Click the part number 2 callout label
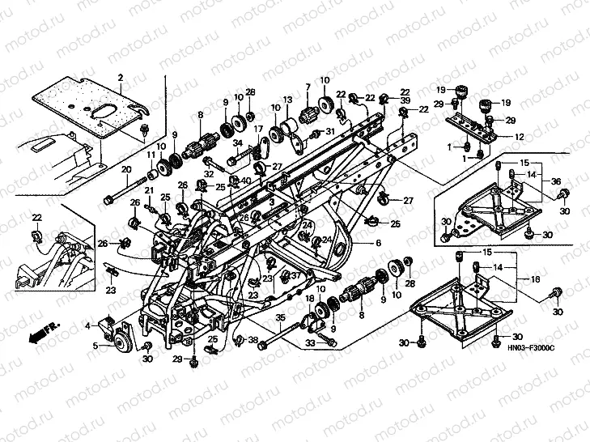coord(120,78)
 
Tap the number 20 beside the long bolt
coord(126,169)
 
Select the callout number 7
coord(308,87)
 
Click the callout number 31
coord(329,132)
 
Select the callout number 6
coord(377,243)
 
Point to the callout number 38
coord(253,340)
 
